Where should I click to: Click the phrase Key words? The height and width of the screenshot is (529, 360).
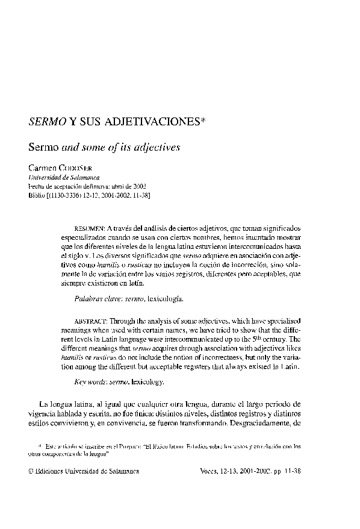pyautogui.click(x=91, y=382)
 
